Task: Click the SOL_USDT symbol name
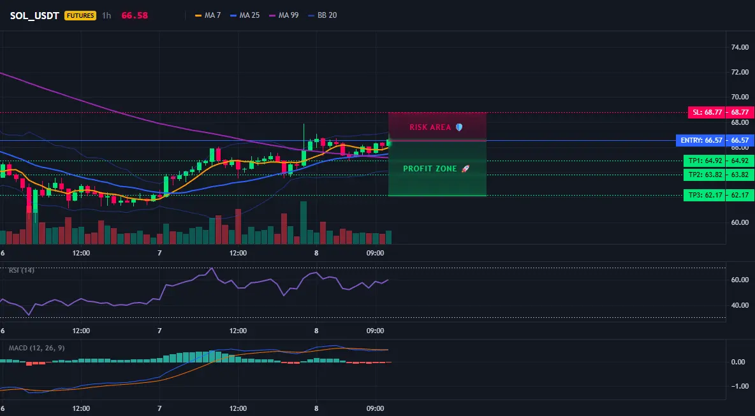(x=34, y=15)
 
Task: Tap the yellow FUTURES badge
(x=80, y=15)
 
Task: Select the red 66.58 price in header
(x=135, y=15)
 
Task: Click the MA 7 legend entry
(x=207, y=15)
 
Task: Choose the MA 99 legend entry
(x=284, y=15)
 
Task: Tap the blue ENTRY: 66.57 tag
(x=701, y=140)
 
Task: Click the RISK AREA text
(x=430, y=127)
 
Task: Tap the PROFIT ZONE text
(x=430, y=169)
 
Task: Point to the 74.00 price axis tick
(x=740, y=48)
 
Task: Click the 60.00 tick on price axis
(x=740, y=223)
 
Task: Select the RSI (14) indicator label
(x=22, y=270)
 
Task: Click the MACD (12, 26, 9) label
(x=36, y=348)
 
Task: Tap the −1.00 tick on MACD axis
(x=738, y=386)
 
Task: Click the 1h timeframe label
(x=106, y=15)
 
